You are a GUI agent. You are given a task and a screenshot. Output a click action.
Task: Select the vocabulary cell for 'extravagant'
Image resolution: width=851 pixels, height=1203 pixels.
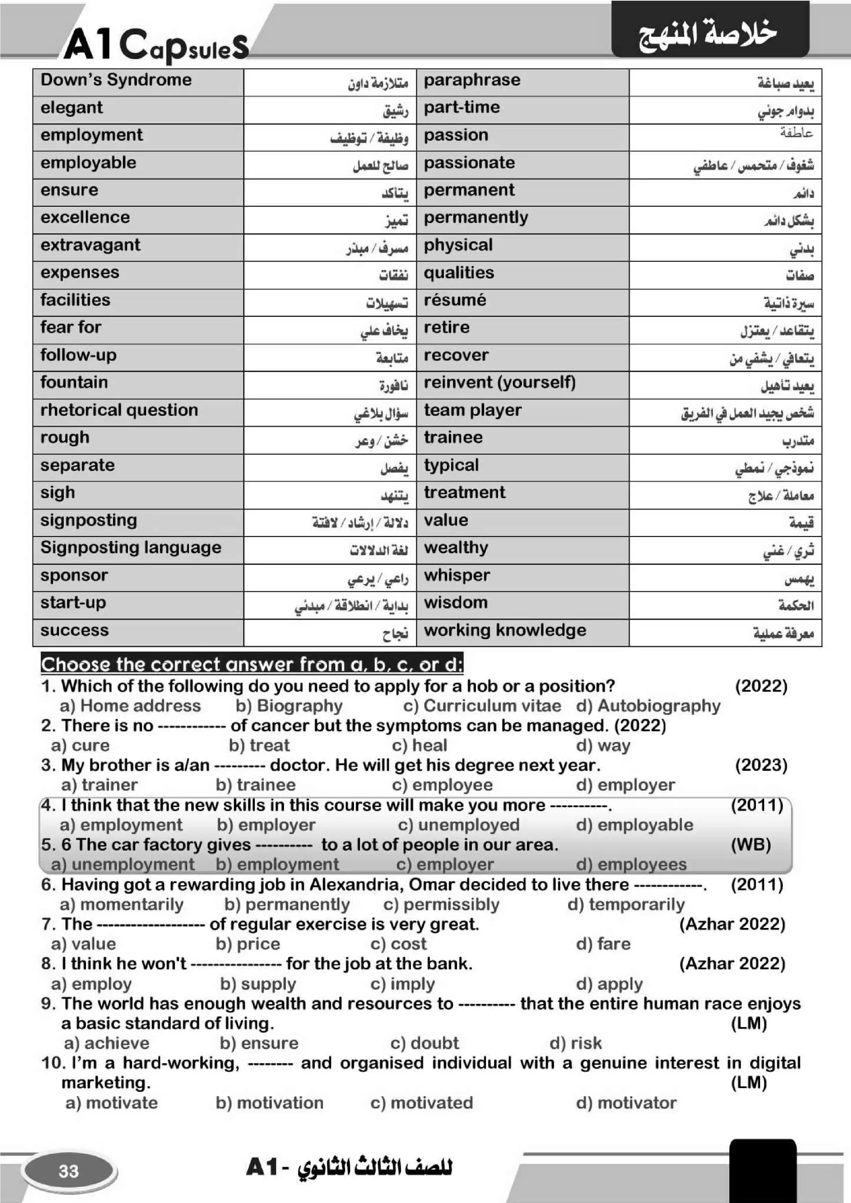[90, 245]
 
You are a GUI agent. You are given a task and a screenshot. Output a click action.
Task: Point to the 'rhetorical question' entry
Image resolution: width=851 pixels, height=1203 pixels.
[119, 410]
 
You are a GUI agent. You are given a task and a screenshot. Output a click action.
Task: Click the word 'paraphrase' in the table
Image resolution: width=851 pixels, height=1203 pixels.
[472, 80]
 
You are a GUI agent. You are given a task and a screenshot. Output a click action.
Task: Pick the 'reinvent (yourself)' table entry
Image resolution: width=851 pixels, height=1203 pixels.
[499, 382]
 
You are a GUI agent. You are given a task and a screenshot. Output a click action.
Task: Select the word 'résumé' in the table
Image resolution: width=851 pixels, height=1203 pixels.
[454, 300]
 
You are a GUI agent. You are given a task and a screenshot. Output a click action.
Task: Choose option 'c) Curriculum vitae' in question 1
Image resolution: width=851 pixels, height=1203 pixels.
[482, 706]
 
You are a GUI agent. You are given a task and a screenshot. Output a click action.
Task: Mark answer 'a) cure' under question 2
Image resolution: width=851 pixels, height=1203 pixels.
[81, 745]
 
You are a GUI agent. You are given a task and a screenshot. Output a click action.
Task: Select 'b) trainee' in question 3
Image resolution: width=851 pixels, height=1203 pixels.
[256, 785]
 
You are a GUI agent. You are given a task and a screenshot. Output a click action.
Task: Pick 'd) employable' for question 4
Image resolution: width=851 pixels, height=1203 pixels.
[634, 825]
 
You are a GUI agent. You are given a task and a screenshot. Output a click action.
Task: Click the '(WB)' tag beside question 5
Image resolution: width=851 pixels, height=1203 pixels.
[750, 845]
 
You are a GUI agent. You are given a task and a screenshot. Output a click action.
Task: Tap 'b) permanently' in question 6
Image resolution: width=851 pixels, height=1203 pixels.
[287, 904]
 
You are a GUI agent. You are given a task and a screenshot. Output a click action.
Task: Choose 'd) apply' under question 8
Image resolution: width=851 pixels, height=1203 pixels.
[609, 984]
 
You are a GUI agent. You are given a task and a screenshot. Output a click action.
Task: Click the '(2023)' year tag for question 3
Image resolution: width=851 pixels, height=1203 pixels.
[761, 765]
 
